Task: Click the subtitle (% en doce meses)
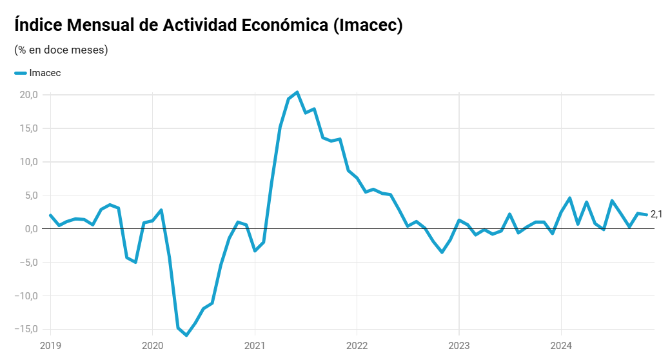click(x=61, y=50)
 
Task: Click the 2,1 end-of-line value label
click(x=656, y=214)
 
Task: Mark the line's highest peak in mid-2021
click(x=297, y=92)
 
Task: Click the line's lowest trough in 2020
click(x=186, y=335)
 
